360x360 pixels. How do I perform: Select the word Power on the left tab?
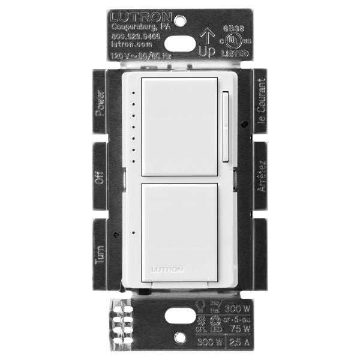coord(100,103)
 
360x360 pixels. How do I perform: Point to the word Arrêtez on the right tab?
coord(260,175)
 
